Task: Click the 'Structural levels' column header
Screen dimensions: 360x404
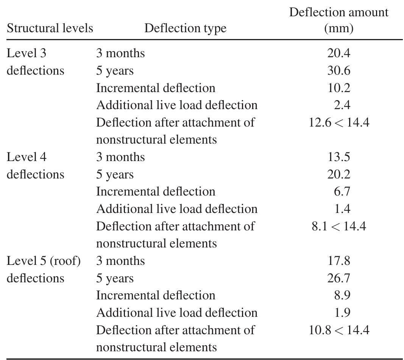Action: tap(50, 28)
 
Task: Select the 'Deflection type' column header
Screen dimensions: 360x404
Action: tap(185, 28)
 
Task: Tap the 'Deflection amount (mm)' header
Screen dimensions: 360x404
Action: tap(338, 20)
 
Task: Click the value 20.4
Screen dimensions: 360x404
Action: tap(338, 53)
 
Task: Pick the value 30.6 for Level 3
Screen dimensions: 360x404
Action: tap(338, 70)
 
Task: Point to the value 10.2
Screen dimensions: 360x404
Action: tap(338, 88)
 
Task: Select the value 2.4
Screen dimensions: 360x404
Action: tap(342, 105)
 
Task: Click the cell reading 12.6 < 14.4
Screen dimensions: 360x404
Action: tap(338, 122)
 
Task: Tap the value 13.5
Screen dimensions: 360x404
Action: tap(338, 157)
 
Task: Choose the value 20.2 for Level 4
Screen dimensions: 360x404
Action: tap(338, 174)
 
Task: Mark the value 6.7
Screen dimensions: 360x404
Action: tap(342, 191)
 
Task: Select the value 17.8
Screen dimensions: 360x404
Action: tap(338, 261)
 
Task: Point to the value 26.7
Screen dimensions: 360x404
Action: tap(338, 278)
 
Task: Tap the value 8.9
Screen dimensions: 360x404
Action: tap(342, 295)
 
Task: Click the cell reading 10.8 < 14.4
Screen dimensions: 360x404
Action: tap(338, 330)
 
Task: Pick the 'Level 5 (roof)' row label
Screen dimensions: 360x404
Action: tap(44, 261)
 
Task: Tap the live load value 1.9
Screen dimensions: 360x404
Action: tap(342, 313)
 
